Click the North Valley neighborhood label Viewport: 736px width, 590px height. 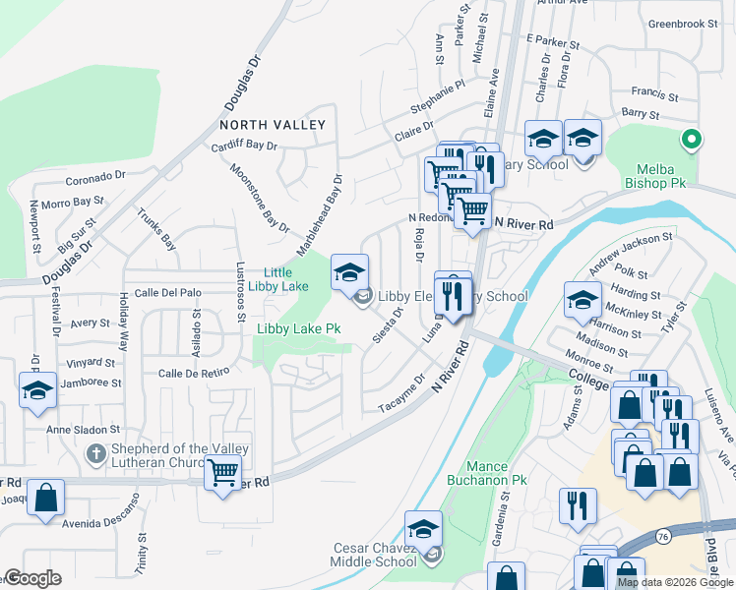pyautogui.click(x=273, y=125)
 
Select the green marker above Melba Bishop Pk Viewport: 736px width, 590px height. pyautogui.click(x=692, y=139)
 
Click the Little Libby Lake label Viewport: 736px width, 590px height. pyautogui.click(x=285, y=279)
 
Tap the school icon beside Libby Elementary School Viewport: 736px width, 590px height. pyautogui.click(x=349, y=274)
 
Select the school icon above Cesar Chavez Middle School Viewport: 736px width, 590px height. pyautogui.click(x=423, y=530)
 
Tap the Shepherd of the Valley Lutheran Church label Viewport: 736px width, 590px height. pyautogui.click(x=179, y=455)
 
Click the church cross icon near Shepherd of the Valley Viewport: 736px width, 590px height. pyautogui.click(x=95, y=453)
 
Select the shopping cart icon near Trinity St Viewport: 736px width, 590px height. pyautogui.click(x=221, y=474)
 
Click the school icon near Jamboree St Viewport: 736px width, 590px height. pyautogui.click(x=37, y=390)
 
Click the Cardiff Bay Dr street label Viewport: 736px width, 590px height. pyautogui.click(x=245, y=146)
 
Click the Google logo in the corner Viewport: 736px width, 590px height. pyautogui.click(x=31, y=578)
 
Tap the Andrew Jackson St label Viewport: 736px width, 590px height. pyautogui.click(x=630, y=252)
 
